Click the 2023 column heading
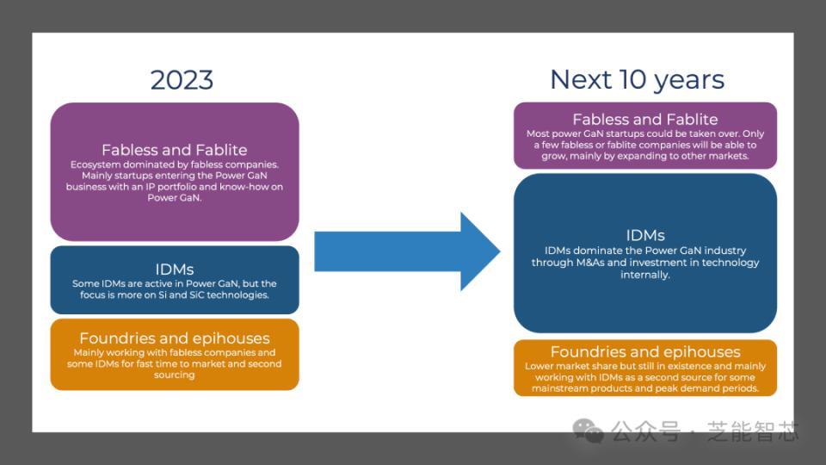click(x=182, y=80)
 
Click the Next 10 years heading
click(x=637, y=80)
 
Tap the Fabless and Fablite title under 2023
click(x=174, y=149)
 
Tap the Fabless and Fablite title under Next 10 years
click(x=644, y=119)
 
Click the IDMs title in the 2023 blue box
click(x=174, y=269)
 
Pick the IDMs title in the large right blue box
click(x=645, y=235)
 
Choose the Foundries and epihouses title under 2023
click(x=174, y=338)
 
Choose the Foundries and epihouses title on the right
click(x=645, y=351)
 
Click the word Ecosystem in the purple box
click(x=96, y=164)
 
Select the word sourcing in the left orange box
click(x=175, y=375)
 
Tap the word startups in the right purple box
click(x=617, y=134)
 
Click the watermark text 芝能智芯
click(x=753, y=431)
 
